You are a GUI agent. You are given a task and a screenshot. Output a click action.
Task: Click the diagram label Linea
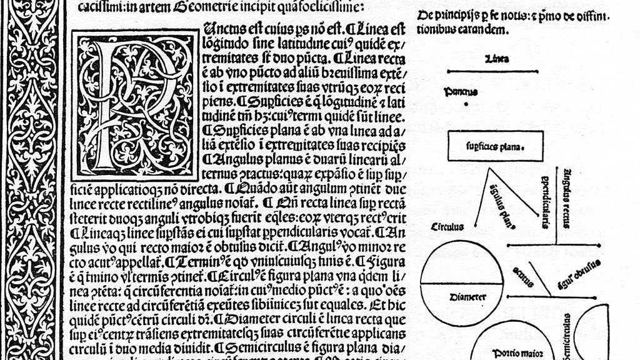496,59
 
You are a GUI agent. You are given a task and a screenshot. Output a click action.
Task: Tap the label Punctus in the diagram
461,92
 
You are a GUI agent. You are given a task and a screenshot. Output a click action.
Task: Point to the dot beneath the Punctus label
466,105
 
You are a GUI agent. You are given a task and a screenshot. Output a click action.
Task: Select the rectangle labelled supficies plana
495,147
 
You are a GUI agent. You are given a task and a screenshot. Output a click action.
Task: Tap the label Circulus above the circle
447,227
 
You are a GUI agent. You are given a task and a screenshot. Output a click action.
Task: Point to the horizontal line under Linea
496,71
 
